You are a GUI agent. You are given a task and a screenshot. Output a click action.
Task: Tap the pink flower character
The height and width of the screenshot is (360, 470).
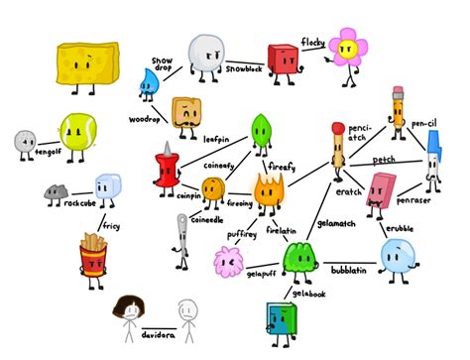click(348, 49)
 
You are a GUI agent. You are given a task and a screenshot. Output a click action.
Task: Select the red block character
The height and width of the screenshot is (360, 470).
click(282, 59)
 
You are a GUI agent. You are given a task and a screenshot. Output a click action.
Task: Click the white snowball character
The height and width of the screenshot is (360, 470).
click(205, 52)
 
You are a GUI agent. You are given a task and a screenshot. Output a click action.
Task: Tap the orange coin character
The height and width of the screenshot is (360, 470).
click(213, 189)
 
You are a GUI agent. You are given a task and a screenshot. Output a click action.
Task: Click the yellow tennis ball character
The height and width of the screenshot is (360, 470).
click(75, 131)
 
